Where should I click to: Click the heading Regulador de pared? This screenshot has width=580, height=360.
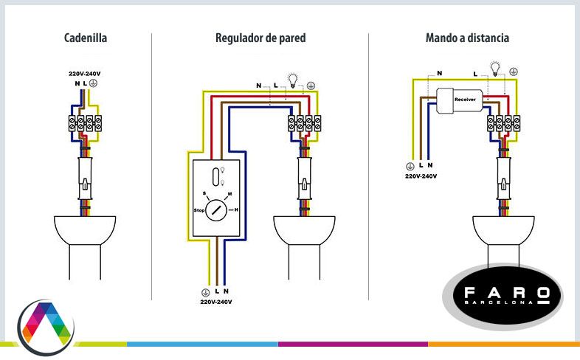pyautogui.click(x=260, y=37)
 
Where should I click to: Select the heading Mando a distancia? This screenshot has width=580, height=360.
pyautogui.click(x=467, y=37)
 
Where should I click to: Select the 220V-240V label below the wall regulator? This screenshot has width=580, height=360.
pyautogui.click(x=215, y=302)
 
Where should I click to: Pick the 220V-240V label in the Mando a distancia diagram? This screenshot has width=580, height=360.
pyautogui.click(x=421, y=176)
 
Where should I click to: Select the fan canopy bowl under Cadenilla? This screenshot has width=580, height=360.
pyautogui.click(x=85, y=229)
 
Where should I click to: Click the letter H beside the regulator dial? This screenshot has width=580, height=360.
pyautogui.click(x=236, y=210)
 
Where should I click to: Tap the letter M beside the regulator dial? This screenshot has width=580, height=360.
pyautogui.click(x=230, y=194)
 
